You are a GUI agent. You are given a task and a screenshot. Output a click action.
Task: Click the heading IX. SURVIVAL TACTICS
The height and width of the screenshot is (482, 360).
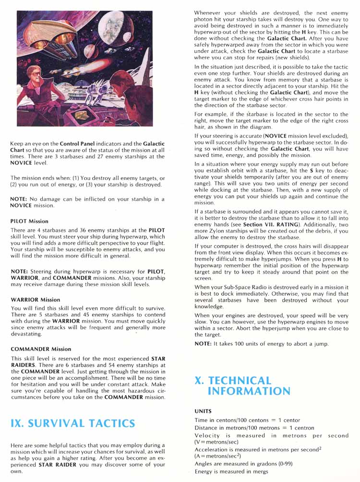pyautogui.click(x=72, y=423)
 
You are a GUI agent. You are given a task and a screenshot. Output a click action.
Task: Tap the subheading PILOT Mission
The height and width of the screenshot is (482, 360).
pyautogui.click(x=29, y=221)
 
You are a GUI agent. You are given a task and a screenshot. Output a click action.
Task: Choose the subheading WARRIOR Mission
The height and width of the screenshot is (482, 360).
pyautogui.click(x=35, y=299)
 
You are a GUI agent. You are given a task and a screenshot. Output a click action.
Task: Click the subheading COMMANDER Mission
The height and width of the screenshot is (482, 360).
pyautogui.click(x=40, y=349)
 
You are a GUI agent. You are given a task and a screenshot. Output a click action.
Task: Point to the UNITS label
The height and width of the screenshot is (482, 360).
pyautogui.click(x=203, y=411)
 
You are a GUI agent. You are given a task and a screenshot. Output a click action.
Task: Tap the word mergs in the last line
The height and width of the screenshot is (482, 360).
pyautogui.click(x=260, y=471)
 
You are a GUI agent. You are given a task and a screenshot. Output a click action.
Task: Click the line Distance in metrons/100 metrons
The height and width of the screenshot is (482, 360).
pyautogui.click(x=254, y=428)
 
